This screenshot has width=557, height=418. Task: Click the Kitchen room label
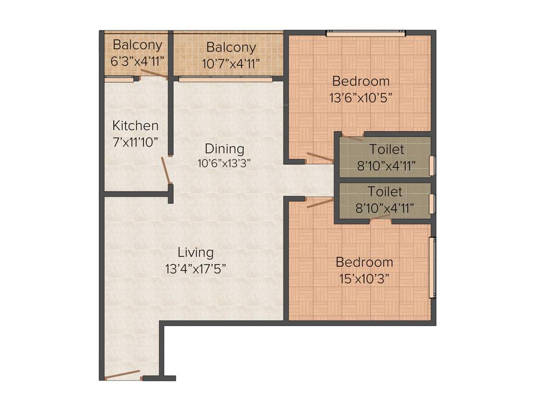click(135, 126)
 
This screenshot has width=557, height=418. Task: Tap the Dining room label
click(224, 149)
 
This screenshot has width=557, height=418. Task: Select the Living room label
click(195, 253)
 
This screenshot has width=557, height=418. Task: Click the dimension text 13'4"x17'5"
click(195, 268)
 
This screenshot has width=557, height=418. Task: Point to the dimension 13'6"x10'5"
click(361, 98)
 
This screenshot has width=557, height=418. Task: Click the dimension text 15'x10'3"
click(364, 279)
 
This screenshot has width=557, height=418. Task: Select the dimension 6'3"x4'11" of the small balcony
click(137, 61)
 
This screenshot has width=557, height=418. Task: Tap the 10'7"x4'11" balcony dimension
click(231, 64)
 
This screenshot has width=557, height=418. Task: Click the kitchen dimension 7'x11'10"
click(135, 142)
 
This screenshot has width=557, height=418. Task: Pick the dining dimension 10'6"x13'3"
click(224, 162)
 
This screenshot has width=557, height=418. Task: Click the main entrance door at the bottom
click(123, 375)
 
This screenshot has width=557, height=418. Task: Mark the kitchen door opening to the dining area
click(166, 171)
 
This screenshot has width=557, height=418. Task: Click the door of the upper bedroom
click(320, 157)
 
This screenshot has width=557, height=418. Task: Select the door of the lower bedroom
click(320, 203)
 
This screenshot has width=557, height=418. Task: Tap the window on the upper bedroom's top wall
click(366, 34)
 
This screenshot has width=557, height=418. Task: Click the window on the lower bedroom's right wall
click(432, 267)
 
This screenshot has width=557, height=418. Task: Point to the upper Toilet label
click(387, 149)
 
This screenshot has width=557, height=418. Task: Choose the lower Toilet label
click(385, 192)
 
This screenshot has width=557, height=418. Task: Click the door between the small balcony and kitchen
click(153, 75)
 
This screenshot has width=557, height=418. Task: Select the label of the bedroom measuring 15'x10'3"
click(364, 262)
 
